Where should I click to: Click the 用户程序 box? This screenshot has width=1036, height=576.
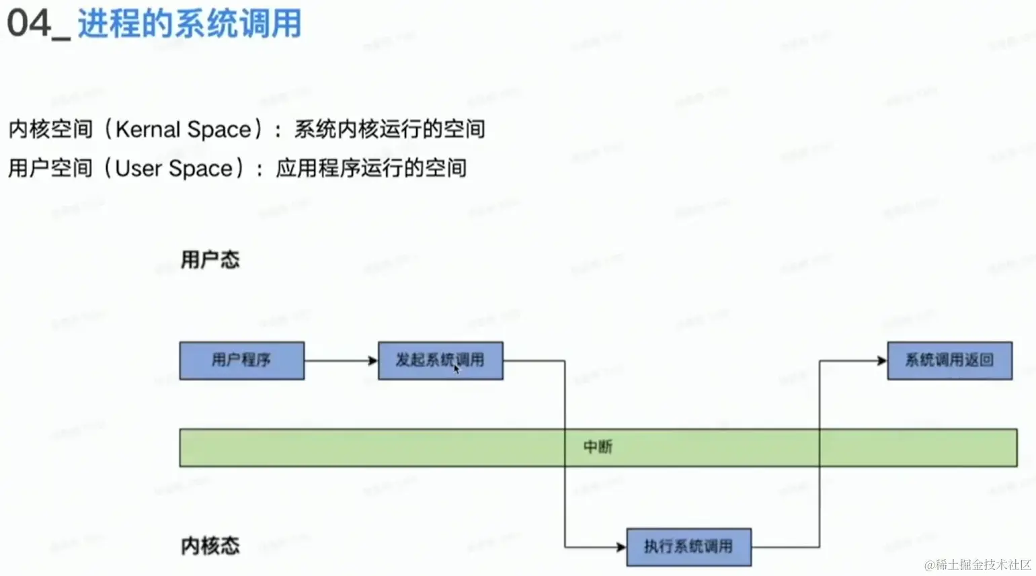[241, 360]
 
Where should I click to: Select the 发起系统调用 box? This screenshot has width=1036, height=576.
[440, 360]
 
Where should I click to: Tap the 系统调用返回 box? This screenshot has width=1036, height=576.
[949, 360]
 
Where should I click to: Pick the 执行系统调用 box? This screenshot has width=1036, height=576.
[688, 546]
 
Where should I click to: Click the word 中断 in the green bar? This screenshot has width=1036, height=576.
[598, 447]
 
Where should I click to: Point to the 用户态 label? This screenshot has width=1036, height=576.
[210, 259]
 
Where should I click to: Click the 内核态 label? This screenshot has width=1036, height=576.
[210, 546]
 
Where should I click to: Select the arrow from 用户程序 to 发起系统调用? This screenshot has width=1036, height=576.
[340, 361]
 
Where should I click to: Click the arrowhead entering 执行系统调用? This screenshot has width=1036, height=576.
[621, 546]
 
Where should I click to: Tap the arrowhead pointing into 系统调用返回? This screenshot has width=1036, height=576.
[882, 361]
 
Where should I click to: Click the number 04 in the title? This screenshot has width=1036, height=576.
[29, 24]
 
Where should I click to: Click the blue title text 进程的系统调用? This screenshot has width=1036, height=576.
[189, 24]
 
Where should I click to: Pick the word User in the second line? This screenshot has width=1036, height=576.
[138, 168]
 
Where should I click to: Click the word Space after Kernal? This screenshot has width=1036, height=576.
[218, 129]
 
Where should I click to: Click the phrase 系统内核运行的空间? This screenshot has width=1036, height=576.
[389, 129]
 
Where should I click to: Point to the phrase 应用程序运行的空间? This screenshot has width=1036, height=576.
[370, 168]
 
